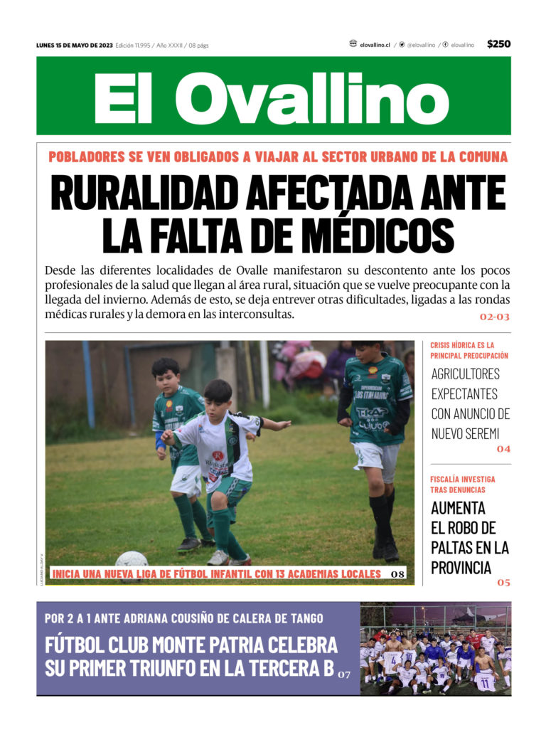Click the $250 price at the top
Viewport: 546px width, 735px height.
(x=498, y=44)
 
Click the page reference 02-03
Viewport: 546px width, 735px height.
(x=494, y=317)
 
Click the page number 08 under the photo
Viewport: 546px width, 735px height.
(x=397, y=573)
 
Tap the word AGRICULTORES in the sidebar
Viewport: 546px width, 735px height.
(x=466, y=374)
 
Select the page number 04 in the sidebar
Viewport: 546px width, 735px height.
(x=503, y=449)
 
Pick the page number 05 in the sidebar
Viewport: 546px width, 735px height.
(x=503, y=582)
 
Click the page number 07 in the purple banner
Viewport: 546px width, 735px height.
(x=344, y=673)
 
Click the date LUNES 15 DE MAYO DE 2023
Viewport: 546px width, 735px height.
(x=75, y=45)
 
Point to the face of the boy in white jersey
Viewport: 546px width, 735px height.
(x=218, y=395)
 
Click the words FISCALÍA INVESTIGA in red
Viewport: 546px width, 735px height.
(x=463, y=480)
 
